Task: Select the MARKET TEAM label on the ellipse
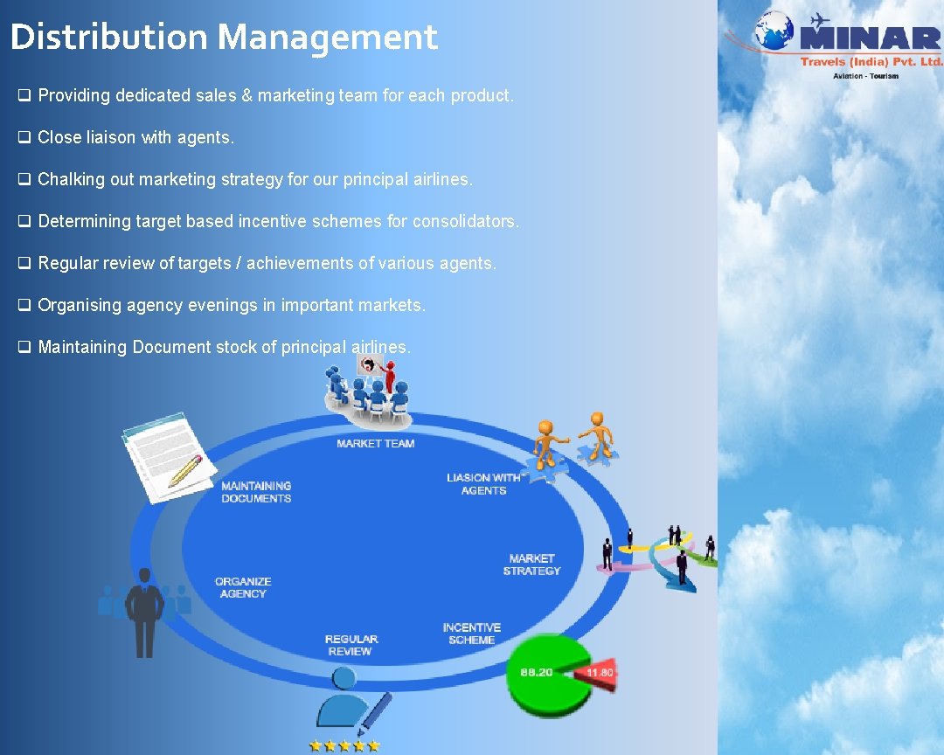[x=376, y=444]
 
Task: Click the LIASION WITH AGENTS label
[x=483, y=484]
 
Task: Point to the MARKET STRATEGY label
[x=531, y=565]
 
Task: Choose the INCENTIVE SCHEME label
[x=472, y=634]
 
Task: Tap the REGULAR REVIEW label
[x=351, y=645]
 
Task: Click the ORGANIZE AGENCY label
[x=243, y=587]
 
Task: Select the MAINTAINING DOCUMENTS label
[x=256, y=492]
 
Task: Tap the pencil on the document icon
[x=185, y=470]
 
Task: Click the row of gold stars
[x=344, y=745]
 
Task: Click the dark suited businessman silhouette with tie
[x=144, y=612]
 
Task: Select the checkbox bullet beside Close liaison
[x=24, y=137]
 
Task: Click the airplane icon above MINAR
[x=819, y=19]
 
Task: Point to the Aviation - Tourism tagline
[x=864, y=76]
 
